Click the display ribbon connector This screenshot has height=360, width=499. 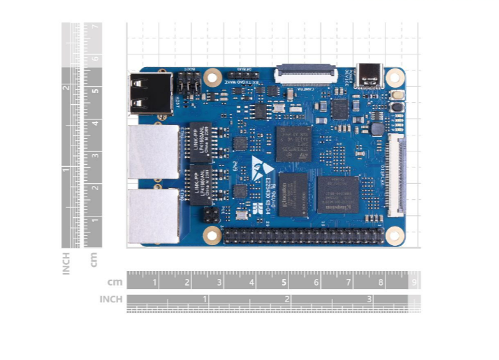(396, 175)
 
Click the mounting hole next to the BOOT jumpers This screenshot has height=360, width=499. (213, 76)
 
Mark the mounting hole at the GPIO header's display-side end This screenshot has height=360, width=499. (393, 234)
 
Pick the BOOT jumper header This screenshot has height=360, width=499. (189, 84)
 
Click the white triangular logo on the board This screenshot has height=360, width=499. (258, 162)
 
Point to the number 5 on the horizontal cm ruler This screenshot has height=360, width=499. (284, 282)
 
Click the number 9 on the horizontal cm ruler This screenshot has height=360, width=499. (414, 282)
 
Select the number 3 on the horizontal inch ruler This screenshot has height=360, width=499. (369, 300)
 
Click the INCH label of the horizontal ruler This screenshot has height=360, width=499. (111, 300)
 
